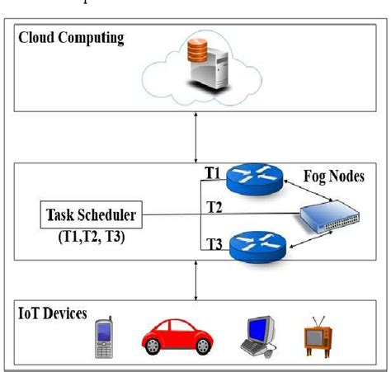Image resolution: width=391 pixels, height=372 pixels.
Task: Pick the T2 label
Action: click(214, 207)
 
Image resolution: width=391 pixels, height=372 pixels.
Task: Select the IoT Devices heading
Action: click(54, 314)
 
